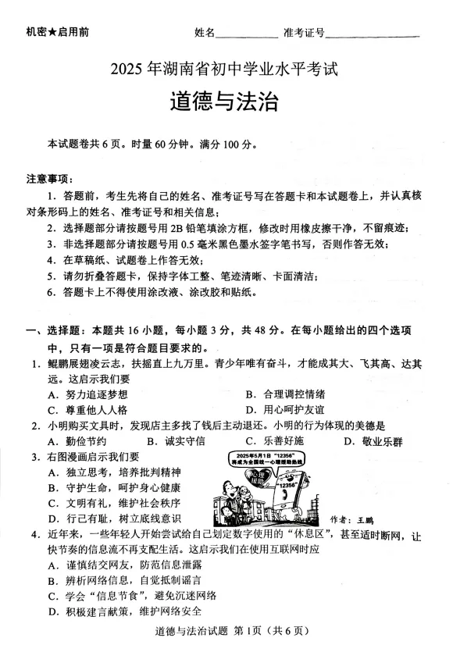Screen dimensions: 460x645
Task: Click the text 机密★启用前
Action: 57,32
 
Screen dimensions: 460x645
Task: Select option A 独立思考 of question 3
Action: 113,472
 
